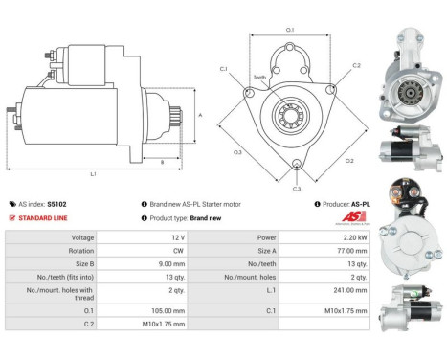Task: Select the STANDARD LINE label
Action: coord(41,218)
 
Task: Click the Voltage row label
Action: coord(82,236)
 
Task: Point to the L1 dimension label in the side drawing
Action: coord(93,173)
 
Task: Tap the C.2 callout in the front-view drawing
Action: coord(356,66)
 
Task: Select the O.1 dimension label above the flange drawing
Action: coord(291,31)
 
